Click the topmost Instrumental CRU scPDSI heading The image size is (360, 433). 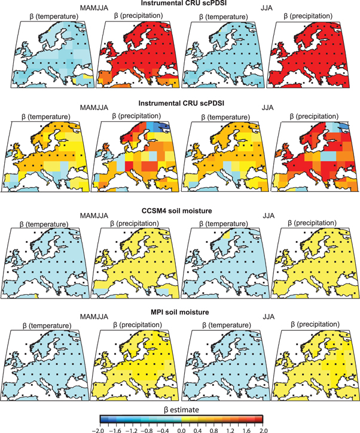tap(180, 4)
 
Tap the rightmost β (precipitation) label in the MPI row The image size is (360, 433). tap(311, 324)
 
